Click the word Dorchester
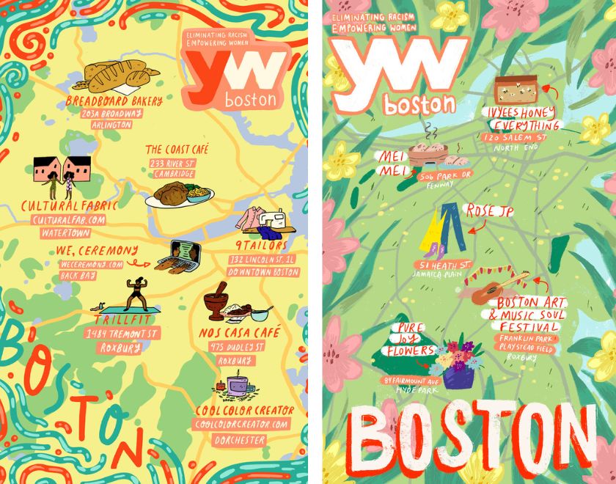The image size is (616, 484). [x=240, y=440]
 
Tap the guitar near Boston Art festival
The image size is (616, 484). [x=499, y=287]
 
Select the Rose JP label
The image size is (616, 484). [x=489, y=211]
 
